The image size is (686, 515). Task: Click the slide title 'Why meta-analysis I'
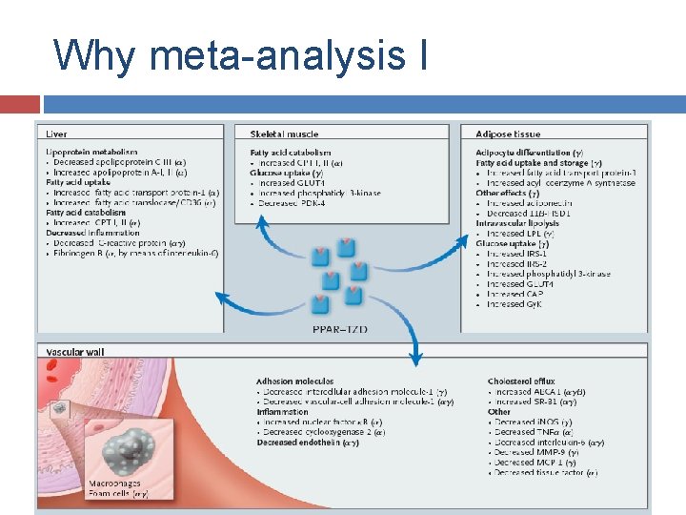tap(241, 54)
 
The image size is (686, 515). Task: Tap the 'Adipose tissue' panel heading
tap(508, 134)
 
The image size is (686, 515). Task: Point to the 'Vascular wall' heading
tap(75, 352)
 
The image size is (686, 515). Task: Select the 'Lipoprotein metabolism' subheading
tap(91, 152)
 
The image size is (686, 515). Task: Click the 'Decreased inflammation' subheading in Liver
tap(93, 232)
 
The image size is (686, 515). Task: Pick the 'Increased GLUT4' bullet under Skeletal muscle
tap(291, 182)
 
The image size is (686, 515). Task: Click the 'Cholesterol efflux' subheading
tap(520, 381)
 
